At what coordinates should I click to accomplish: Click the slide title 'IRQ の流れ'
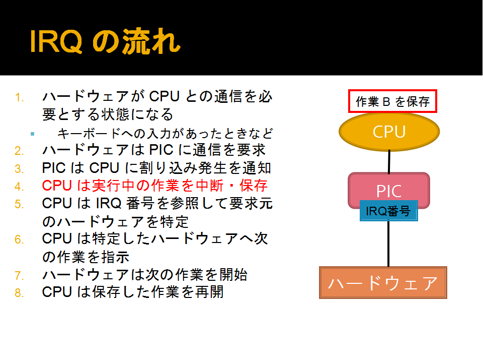(105, 41)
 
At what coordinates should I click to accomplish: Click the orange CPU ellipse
(389, 132)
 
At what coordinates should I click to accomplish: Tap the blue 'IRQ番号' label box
(389, 211)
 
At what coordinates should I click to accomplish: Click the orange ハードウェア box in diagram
(383, 283)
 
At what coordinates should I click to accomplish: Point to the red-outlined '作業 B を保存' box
(392, 101)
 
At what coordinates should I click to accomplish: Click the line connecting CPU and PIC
(389, 162)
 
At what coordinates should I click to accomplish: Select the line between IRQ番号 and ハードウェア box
(388, 244)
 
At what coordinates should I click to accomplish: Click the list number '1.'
(20, 98)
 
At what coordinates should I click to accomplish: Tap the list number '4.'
(19, 187)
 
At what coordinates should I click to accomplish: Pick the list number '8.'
(19, 293)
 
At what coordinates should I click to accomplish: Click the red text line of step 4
(154, 186)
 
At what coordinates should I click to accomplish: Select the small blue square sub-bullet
(33, 134)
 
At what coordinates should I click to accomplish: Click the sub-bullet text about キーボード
(165, 134)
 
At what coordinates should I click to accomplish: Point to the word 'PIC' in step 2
(161, 150)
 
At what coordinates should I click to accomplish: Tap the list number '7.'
(19, 275)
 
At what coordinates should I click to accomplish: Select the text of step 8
(133, 292)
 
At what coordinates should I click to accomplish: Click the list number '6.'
(19, 239)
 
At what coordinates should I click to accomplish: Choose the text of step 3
(156, 168)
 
